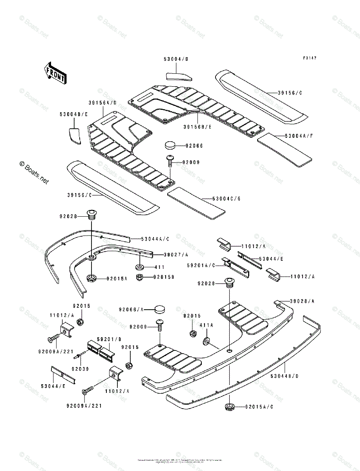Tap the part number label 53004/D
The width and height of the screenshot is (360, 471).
[x=176, y=59]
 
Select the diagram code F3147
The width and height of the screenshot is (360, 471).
[x=309, y=58]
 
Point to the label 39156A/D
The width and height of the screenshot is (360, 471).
[x=102, y=103]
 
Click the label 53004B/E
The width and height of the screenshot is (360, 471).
[x=73, y=114]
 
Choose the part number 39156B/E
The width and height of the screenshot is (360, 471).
[x=197, y=127]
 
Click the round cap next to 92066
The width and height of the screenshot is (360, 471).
[x=170, y=145]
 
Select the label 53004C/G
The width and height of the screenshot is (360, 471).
[x=227, y=199]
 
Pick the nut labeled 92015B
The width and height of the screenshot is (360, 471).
[x=139, y=277]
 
